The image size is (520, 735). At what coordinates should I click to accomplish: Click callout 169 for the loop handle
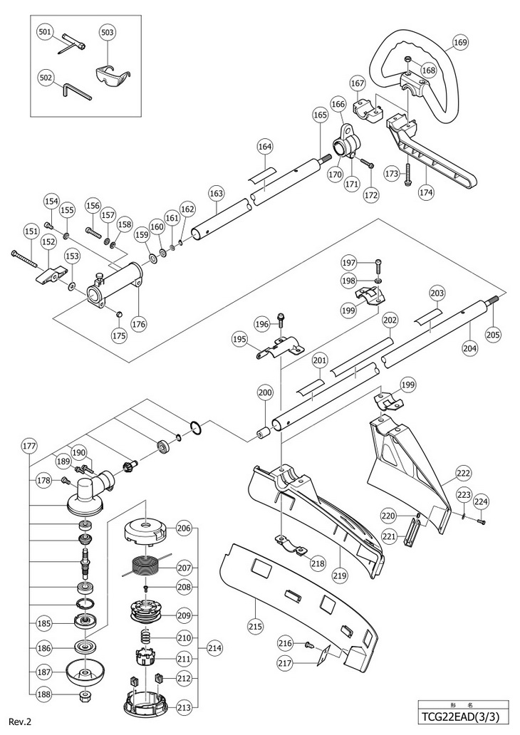(460, 43)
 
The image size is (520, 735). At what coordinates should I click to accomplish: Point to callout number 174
(426, 192)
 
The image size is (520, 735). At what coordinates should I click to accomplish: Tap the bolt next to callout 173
(409, 174)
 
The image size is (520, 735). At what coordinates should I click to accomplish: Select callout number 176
(140, 323)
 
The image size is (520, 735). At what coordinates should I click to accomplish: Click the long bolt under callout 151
(24, 259)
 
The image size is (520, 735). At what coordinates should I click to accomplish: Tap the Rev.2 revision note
(20, 722)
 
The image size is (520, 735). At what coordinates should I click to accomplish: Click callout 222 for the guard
(463, 473)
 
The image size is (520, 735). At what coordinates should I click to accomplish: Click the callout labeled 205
(493, 334)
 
